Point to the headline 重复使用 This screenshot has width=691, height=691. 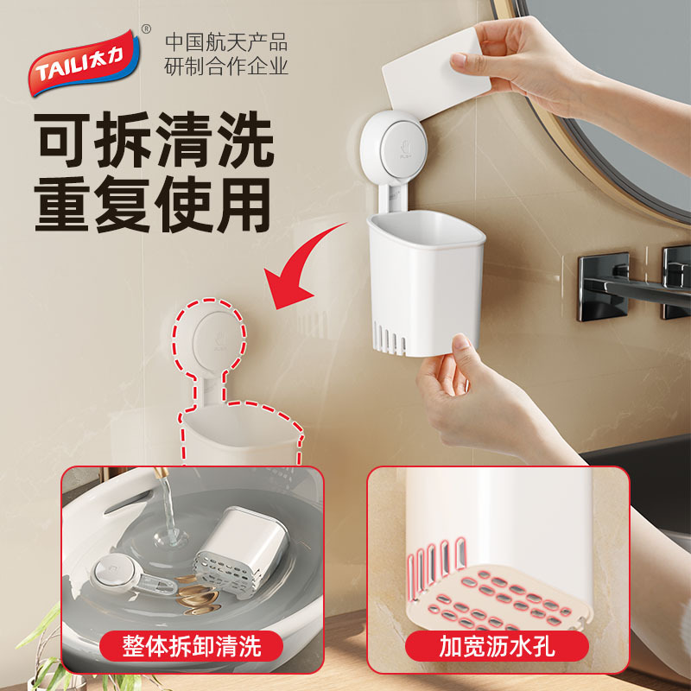155,204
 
